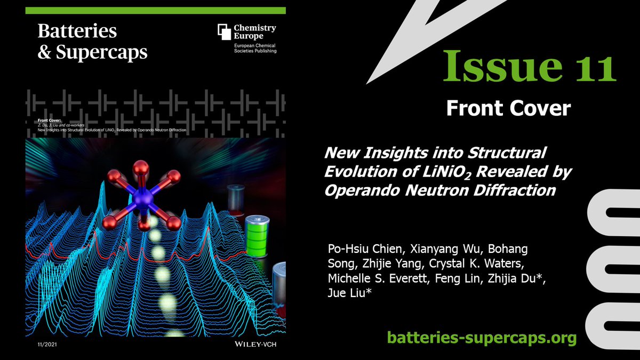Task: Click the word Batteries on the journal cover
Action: coord(77,31)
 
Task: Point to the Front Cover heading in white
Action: coord(508,109)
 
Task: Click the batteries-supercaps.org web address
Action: coord(482,337)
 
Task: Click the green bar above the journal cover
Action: coord(155,10)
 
